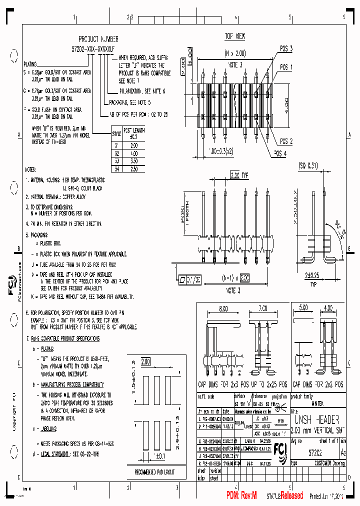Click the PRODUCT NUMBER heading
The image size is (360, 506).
[98, 38]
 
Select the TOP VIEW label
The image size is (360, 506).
[234, 36]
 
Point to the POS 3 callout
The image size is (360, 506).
[286, 48]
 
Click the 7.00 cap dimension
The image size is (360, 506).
[262, 308]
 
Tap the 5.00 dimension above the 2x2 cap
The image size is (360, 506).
[303, 308]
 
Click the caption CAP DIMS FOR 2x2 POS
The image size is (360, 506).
[317, 384]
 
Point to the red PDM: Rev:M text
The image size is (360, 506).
[241, 495]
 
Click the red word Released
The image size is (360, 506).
[291, 495]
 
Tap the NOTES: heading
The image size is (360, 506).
[31, 170]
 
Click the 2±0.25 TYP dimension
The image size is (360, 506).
[313, 275]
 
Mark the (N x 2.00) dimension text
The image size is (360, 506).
[234, 52]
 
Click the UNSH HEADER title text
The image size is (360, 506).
[315, 419]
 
